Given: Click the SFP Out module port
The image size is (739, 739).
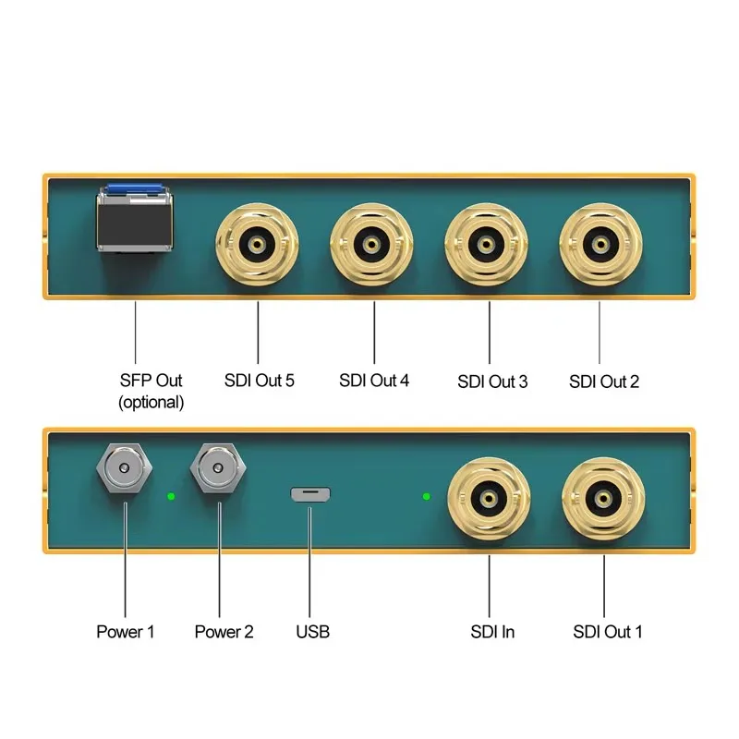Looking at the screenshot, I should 136,218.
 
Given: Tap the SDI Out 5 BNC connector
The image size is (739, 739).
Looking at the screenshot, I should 258,244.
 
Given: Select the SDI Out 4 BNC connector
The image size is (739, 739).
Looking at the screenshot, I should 372,244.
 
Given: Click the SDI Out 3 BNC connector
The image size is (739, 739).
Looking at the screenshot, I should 486,244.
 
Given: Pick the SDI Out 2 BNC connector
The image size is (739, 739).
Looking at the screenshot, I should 600,244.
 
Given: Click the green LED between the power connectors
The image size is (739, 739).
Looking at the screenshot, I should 171,496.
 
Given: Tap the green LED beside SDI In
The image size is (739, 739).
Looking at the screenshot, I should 426,496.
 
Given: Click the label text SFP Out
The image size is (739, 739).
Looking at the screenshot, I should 151,380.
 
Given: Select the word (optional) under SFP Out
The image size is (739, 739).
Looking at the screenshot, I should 151,403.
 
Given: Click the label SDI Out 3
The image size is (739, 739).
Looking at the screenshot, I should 492,382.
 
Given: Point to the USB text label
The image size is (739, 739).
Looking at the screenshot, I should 312,633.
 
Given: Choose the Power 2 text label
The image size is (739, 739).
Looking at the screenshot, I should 224,633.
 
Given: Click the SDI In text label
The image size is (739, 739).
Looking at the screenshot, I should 492,633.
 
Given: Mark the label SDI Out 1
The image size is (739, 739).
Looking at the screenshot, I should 607,633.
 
